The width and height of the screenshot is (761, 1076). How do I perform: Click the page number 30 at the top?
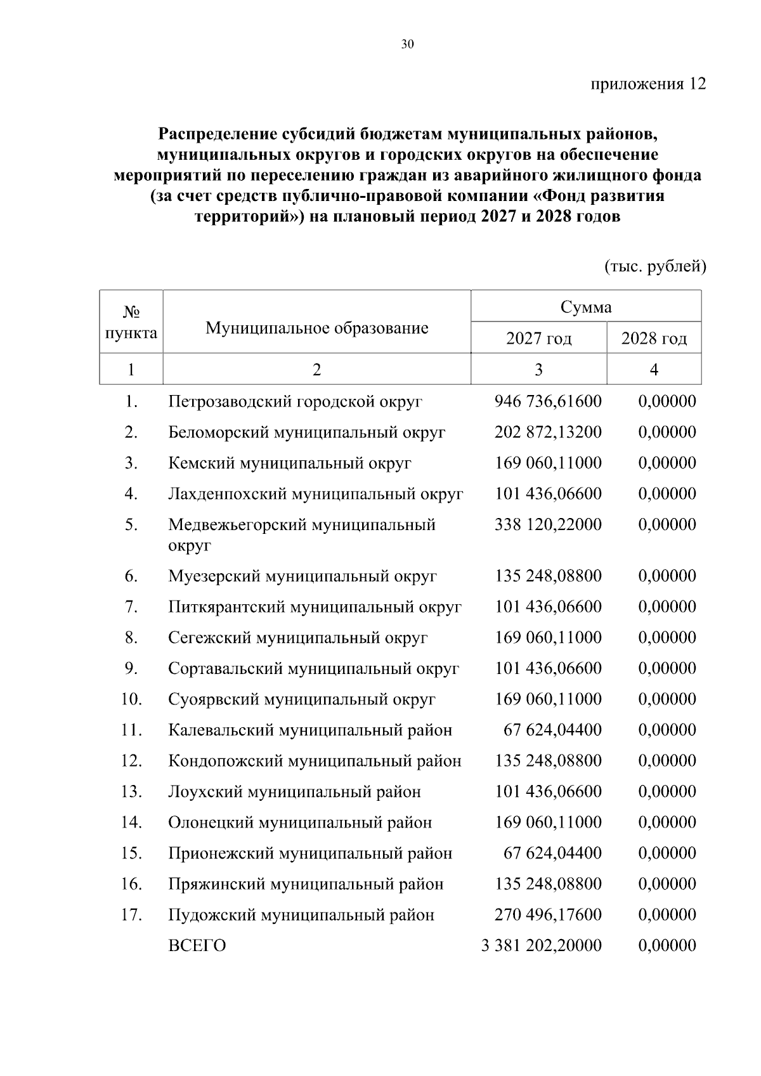(x=407, y=44)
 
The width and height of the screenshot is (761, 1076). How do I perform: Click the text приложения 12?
(x=648, y=84)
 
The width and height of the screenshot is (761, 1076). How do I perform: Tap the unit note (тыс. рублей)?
(x=654, y=266)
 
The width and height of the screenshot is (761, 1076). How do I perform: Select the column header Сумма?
(x=586, y=308)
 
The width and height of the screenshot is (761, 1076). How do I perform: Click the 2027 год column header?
(x=538, y=339)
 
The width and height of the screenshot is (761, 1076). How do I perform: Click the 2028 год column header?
(x=654, y=339)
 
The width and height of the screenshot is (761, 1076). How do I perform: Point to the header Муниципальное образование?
(x=316, y=328)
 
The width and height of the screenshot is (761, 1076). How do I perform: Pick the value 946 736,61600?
(x=548, y=401)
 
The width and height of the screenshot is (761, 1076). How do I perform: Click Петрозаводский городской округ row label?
(x=295, y=401)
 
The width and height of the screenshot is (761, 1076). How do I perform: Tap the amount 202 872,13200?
(x=548, y=432)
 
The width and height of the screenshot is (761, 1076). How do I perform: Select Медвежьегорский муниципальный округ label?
(x=301, y=535)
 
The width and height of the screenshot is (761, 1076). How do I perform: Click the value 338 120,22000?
(x=548, y=524)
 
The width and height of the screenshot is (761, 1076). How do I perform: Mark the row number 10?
(x=131, y=699)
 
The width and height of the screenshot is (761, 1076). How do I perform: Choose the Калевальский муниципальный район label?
(x=310, y=730)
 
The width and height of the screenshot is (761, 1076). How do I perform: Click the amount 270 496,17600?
(x=548, y=915)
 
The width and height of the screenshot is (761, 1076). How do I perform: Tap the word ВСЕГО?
(x=197, y=946)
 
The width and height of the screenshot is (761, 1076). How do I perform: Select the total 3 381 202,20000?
(x=542, y=946)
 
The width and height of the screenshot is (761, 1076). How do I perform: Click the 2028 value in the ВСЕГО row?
(x=667, y=946)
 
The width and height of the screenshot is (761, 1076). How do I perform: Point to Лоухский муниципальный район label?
(x=294, y=792)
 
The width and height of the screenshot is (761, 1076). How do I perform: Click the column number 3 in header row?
(x=538, y=369)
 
